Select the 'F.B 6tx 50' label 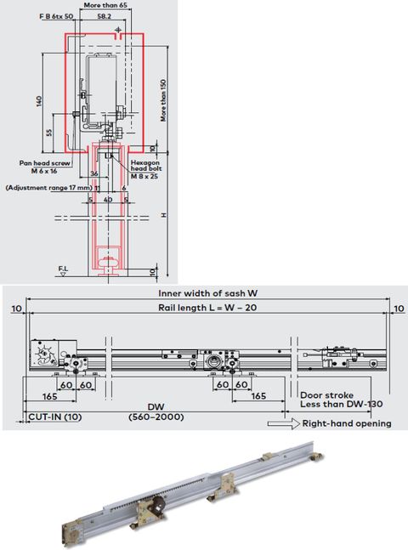[x=56, y=16]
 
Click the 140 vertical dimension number [x=39, y=101]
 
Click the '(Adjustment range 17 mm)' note [x=48, y=186]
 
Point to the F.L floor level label [x=63, y=269]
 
